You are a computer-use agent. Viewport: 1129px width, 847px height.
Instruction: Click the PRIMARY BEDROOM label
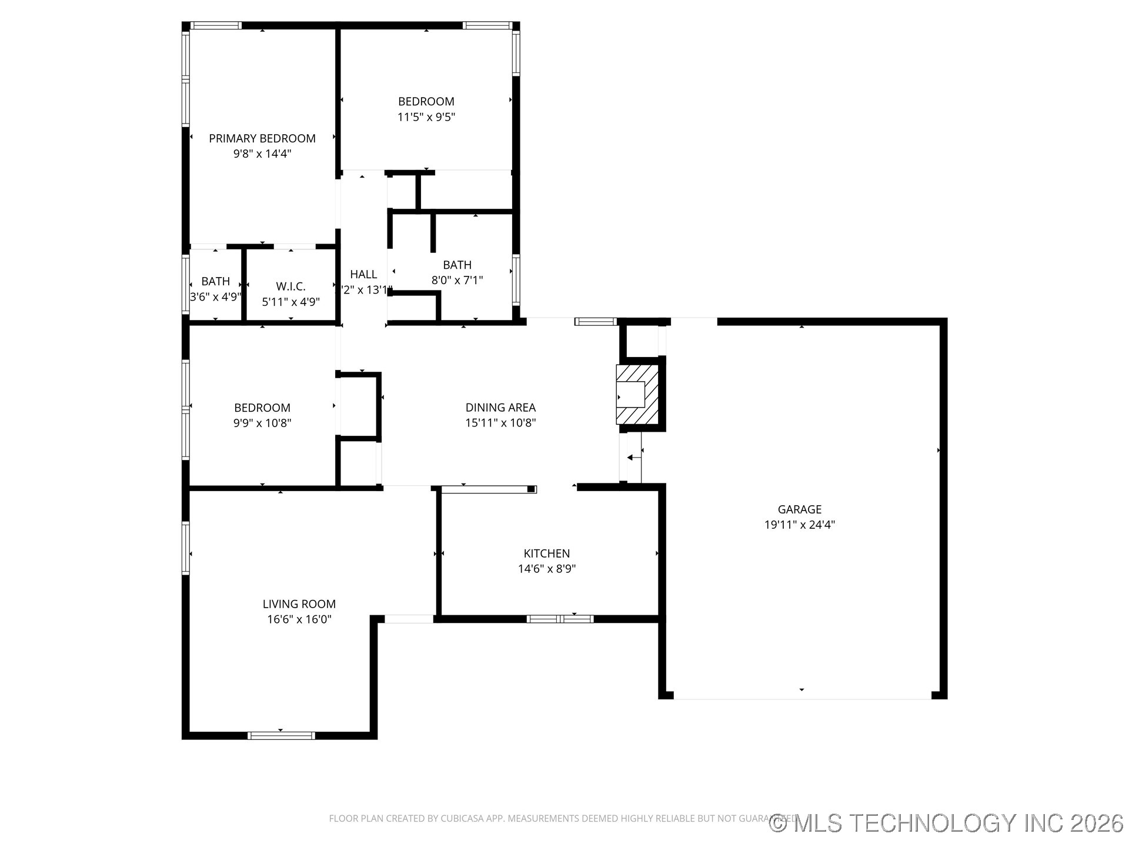click(262, 138)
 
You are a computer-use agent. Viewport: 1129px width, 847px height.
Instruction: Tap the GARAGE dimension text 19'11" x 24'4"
click(799, 525)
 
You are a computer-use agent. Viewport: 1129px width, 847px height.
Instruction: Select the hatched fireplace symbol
click(637, 394)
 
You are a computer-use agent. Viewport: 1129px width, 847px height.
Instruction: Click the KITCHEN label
click(546, 553)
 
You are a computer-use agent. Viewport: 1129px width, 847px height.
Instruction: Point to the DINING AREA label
click(500, 407)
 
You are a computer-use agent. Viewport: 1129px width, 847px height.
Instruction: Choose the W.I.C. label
click(290, 286)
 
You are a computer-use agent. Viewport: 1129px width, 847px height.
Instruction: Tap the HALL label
click(363, 274)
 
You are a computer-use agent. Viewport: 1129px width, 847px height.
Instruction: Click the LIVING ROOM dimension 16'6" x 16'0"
click(299, 619)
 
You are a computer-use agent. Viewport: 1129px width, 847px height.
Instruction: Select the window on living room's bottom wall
click(281, 735)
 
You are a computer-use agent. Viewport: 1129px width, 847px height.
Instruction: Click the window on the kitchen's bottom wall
click(560, 619)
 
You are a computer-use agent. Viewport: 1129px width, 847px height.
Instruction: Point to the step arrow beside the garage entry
click(633, 458)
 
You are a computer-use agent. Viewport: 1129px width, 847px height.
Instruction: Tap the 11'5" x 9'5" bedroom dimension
click(426, 117)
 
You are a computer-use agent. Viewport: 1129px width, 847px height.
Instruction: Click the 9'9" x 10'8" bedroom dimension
click(262, 423)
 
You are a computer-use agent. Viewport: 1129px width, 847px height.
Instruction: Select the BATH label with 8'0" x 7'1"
click(457, 265)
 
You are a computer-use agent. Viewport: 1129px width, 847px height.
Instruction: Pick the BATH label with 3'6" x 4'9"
click(215, 281)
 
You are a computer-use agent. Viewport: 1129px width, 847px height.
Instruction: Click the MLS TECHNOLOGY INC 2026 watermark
click(947, 823)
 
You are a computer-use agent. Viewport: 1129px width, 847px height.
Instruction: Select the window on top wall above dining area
click(596, 321)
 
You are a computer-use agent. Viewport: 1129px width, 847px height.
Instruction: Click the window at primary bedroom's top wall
click(216, 25)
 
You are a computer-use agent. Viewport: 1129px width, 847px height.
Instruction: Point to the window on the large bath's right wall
click(516, 279)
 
